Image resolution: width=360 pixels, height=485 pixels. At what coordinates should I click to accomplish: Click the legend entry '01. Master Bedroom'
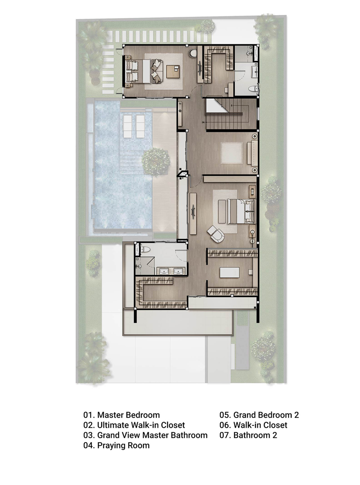[x=122, y=415]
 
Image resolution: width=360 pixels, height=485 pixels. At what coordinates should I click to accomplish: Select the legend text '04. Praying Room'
[x=116, y=445]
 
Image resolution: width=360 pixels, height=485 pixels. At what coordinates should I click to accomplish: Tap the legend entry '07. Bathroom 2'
[x=248, y=435]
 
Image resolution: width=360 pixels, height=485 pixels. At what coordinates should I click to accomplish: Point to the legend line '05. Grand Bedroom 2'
[x=259, y=415]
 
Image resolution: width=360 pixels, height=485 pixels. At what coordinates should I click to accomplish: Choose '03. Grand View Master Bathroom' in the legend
[x=145, y=435]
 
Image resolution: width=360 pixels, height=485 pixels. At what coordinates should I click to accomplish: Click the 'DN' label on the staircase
[x=203, y=122]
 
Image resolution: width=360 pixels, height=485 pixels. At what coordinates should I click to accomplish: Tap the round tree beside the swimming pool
[x=156, y=162]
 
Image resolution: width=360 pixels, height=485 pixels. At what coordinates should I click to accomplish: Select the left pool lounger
[x=128, y=126]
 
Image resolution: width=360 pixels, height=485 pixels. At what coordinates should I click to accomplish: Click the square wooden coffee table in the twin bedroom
[x=173, y=72]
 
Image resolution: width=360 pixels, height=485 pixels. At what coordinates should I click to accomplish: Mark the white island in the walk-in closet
[x=230, y=273]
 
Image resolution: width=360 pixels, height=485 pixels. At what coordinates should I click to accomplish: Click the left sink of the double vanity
[x=164, y=271]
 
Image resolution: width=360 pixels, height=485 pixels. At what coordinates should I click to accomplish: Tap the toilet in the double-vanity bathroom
[x=145, y=249]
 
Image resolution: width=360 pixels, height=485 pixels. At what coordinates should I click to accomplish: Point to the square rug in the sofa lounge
[x=232, y=153]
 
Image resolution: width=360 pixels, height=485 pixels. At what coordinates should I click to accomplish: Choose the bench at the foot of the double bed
[x=222, y=212]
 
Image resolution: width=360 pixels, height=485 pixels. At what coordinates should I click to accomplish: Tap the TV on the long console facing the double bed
[x=193, y=212]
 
